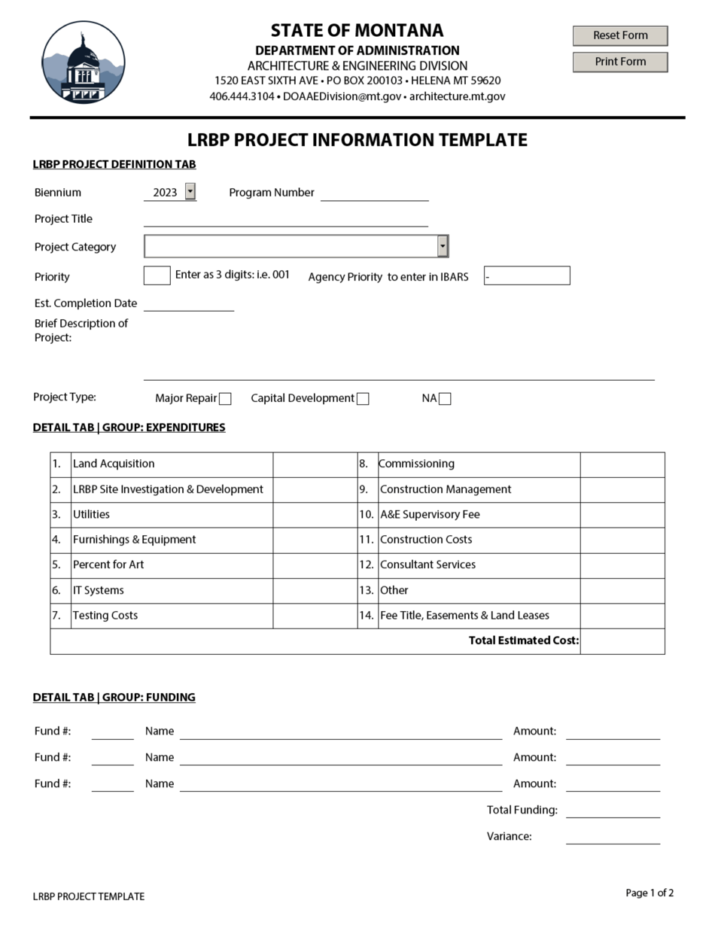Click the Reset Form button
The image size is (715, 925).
[620, 35]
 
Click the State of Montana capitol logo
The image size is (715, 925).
[83, 62]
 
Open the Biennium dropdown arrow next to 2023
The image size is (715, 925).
[190, 192]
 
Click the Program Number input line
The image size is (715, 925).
[374, 193]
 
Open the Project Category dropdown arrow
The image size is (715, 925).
[443, 246]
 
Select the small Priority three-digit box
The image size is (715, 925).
[157, 275]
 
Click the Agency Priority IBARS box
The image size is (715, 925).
[527, 275]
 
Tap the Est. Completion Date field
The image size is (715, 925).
[189, 303]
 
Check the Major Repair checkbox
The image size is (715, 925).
[225, 399]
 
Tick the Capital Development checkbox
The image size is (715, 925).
[363, 399]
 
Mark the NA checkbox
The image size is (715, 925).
[445, 399]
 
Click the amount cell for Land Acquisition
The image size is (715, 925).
[315, 464]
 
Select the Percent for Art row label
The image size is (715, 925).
[108, 564]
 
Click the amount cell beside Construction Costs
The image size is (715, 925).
[622, 540]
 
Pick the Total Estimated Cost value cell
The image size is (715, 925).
[622, 641]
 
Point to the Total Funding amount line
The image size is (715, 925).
[613, 811]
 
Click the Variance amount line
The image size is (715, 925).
[613, 837]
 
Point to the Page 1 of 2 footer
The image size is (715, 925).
[650, 893]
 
